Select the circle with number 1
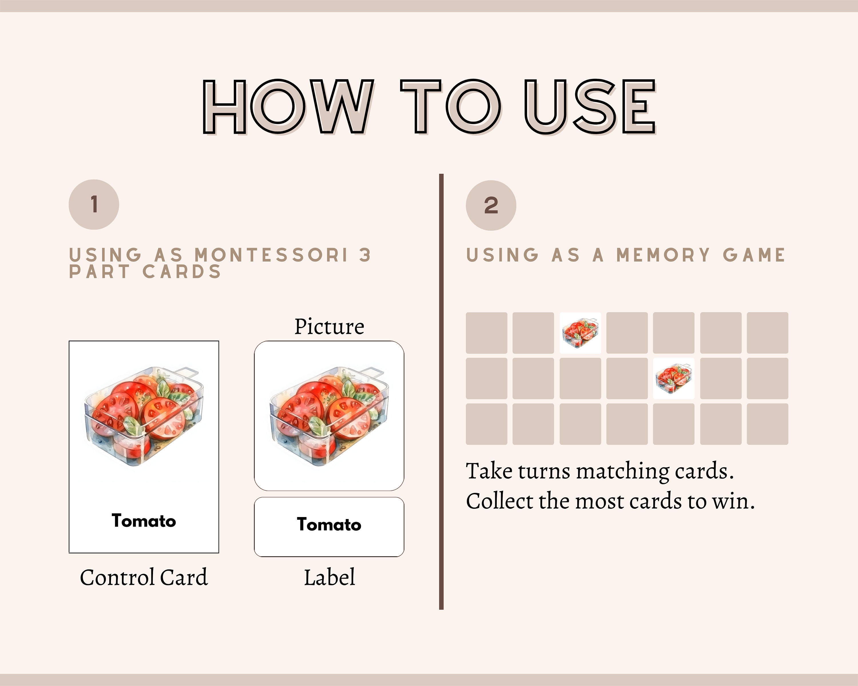click(x=94, y=204)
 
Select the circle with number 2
click(x=491, y=205)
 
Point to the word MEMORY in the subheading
click(x=663, y=255)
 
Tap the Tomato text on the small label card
click(x=329, y=525)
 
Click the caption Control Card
click(x=144, y=577)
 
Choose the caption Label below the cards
click(x=329, y=577)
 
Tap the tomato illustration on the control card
click(x=144, y=416)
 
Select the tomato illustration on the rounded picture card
click(x=329, y=416)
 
